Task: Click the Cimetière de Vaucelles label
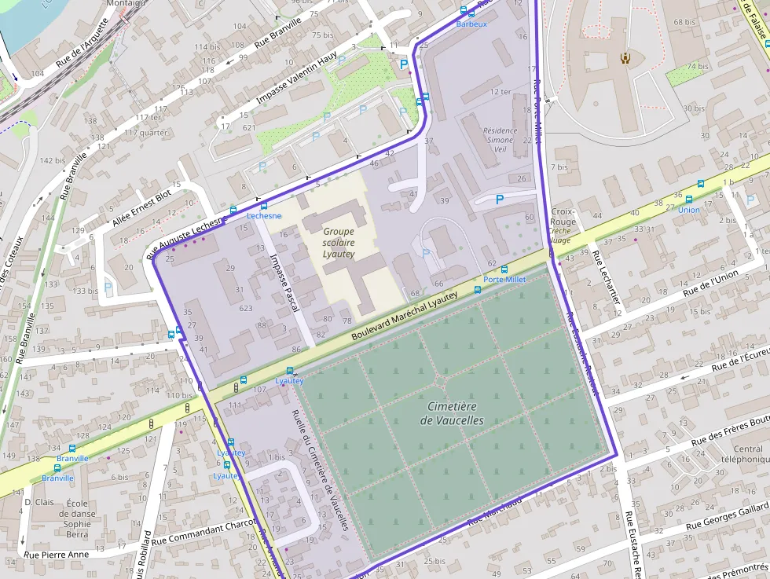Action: click(x=452, y=413)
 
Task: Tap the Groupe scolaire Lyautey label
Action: click(x=339, y=243)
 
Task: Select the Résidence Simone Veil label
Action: click(x=500, y=140)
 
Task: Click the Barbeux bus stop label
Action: click(x=471, y=24)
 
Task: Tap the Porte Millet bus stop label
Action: click(x=504, y=280)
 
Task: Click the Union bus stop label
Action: click(x=688, y=210)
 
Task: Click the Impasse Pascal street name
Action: click(x=284, y=283)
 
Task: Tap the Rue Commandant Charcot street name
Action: click(x=204, y=532)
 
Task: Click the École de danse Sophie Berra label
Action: click(x=77, y=519)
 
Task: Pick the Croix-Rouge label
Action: click(x=563, y=217)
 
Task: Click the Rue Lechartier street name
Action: click(x=608, y=278)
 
